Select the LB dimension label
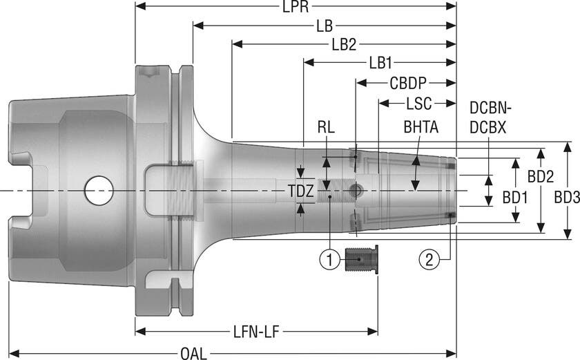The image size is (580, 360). click(x=324, y=26)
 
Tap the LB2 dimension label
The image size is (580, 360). click(x=343, y=45)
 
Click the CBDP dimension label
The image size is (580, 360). click(x=407, y=84)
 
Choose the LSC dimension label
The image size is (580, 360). click(x=418, y=104)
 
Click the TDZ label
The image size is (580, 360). click(x=300, y=189)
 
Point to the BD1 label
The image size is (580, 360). click(x=514, y=198)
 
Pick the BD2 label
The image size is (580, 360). click(x=540, y=176)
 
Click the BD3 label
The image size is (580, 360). click(x=566, y=198)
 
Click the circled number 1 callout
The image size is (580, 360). click(x=329, y=260)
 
